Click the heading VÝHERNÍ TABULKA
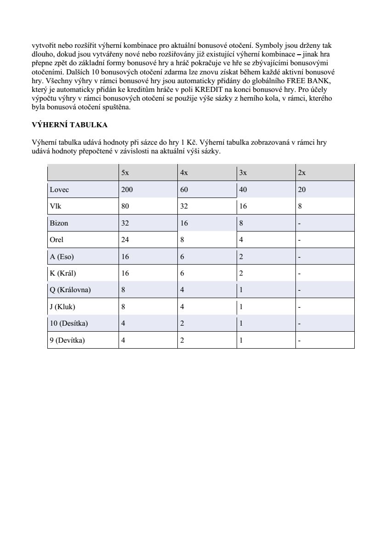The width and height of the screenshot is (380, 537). pyautogui.click(x=69, y=124)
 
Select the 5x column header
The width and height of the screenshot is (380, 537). pyautogui.click(x=125, y=173)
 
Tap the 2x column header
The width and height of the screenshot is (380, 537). pyautogui.click(x=302, y=173)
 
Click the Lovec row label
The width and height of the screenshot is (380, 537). pyautogui.click(x=59, y=189)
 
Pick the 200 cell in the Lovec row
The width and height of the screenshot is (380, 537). pyautogui.click(x=127, y=189)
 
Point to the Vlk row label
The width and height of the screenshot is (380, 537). pyautogui.click(x=55, y=206)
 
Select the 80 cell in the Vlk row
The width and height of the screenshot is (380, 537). pyautogui.click(x=125, y=206)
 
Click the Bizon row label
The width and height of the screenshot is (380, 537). pyautogui.click(x=58, y=223)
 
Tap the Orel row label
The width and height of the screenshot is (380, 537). pyautogui.click(x=57, y=240)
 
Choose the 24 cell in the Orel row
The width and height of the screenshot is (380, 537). pyautogui.click(x=125, y=240)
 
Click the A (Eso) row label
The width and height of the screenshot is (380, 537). pyautogui.click(x=62, y=257)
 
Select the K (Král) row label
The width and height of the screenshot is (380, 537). pyautogui.click(x=63, y=273)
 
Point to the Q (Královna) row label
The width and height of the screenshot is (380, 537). pyautogui.click(x=70, y=290)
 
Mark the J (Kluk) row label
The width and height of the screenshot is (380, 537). pyautogui.click(x=62, y=307)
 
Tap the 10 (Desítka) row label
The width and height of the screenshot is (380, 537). pyautogui.click(x=69, y=323)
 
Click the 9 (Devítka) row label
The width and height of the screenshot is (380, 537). pyautogui.click(x=68, y=340)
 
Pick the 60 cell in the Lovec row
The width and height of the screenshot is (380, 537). pyautogui.click(x=184, y=189)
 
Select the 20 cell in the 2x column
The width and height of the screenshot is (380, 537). pyautogui.click(x=302, y=189)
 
